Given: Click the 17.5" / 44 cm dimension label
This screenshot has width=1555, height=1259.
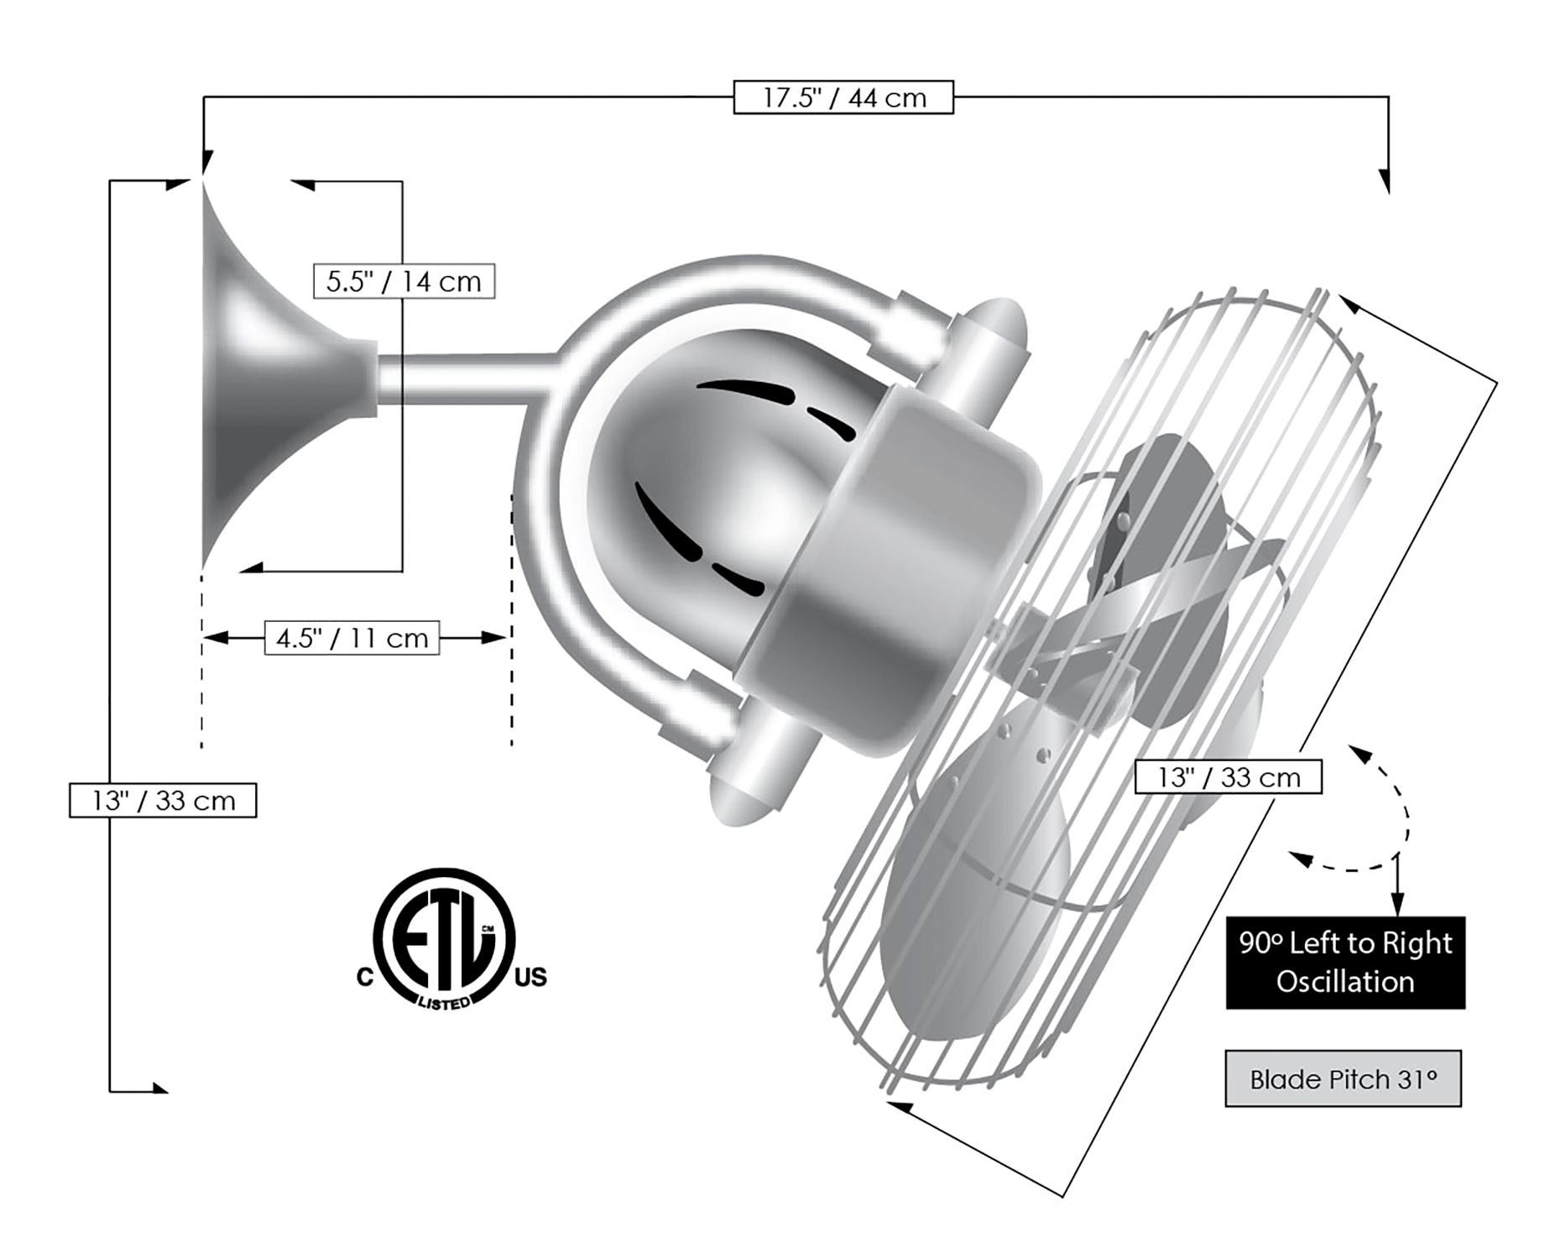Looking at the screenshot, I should tap(843, 97).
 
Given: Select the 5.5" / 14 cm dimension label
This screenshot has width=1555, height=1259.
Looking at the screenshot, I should tap(404, 281).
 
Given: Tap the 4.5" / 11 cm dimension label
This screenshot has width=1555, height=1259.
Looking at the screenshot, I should tap(352, 638).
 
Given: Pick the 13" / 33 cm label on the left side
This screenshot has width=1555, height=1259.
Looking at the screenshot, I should tap(163, 800).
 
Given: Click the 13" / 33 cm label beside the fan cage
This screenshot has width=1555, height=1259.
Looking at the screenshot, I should tap(1228, 777).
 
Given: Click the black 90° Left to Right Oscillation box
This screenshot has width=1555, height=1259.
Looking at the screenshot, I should tap(1345, 962).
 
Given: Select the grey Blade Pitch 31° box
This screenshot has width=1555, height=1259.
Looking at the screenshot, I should tap(1343, 1079).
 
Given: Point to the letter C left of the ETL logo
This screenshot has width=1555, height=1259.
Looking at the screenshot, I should tap(365, 978).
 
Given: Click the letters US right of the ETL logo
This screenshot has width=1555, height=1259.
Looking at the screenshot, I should tap(530, 977).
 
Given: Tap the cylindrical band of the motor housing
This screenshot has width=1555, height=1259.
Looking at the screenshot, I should tap(890, 571).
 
